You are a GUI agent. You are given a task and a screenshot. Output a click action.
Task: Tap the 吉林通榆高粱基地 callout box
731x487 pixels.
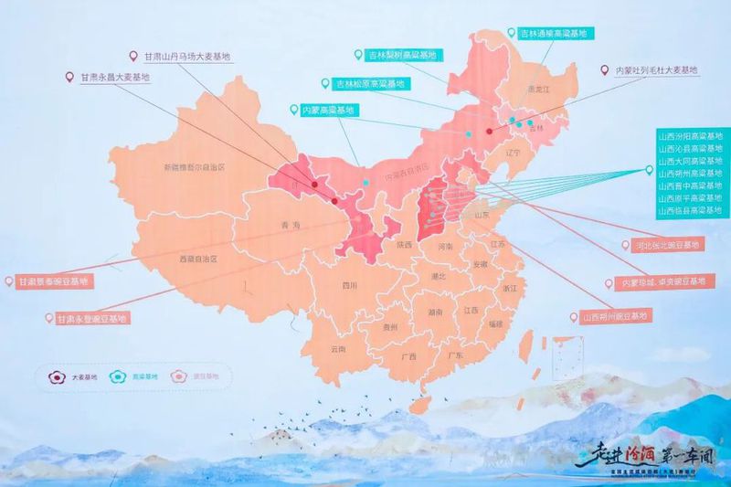point(553,34)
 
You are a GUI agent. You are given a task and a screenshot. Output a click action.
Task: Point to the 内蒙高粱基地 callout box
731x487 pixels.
point(326,110)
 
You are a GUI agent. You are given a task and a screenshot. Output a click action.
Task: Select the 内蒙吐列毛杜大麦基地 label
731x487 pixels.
point(655,69)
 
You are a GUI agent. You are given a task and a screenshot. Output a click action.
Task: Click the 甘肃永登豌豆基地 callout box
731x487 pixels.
point(91,319)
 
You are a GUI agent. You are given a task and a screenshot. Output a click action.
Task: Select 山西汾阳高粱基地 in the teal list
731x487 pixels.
point(690,136)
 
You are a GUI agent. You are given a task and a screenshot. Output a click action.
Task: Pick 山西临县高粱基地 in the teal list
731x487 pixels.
point(690,211)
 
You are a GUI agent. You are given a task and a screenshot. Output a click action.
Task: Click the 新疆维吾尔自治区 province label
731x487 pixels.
point(194,167)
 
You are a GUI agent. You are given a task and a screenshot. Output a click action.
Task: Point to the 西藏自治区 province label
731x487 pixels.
point(193,259)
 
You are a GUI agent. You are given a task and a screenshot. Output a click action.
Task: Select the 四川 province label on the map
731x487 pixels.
point(349,285)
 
